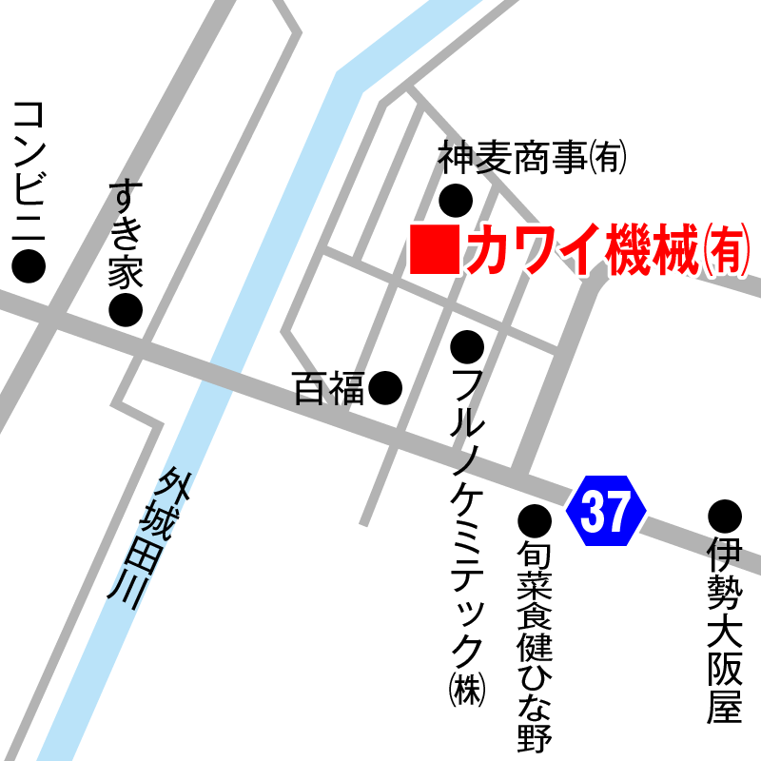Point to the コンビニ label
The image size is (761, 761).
29,167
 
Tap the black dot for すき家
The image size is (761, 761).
125,309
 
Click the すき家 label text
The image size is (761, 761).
125,233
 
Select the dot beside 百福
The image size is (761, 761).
385,386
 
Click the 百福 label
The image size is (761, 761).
328,388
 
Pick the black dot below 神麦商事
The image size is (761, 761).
456,200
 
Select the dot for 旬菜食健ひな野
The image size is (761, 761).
535,519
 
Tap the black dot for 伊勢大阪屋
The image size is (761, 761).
724,516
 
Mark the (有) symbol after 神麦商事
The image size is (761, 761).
609,158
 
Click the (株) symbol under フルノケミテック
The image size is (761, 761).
468,689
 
